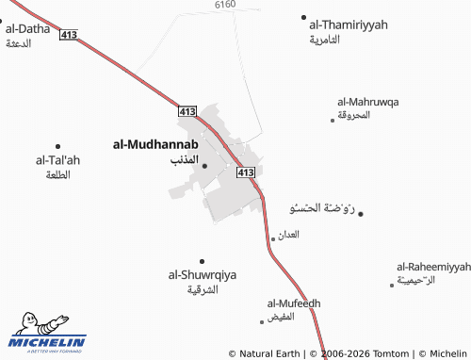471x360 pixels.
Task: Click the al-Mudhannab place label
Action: click(154, 144)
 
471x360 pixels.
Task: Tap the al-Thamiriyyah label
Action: click(348, 25)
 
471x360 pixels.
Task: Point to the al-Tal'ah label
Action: click(57, 160)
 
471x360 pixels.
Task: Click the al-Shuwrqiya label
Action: click(202, 275)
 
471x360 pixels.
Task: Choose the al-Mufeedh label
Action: click(294, 303)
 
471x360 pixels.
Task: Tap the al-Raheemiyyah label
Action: click(432, 267)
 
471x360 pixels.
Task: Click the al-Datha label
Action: click(27, 29)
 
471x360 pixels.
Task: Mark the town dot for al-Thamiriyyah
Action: click(303, 17)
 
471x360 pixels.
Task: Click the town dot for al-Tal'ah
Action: click(57, 146)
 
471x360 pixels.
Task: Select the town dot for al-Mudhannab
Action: click(204, 166)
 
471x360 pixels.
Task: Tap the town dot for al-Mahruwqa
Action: click(333, 120)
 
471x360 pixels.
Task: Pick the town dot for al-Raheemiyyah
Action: click(392, 284)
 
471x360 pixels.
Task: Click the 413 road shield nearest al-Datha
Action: click(68, 35)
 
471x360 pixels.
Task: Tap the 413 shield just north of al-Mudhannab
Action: click(186, 111)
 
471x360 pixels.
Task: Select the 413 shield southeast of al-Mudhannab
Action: click(246, 172)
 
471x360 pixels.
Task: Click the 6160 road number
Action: click(224, 5)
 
